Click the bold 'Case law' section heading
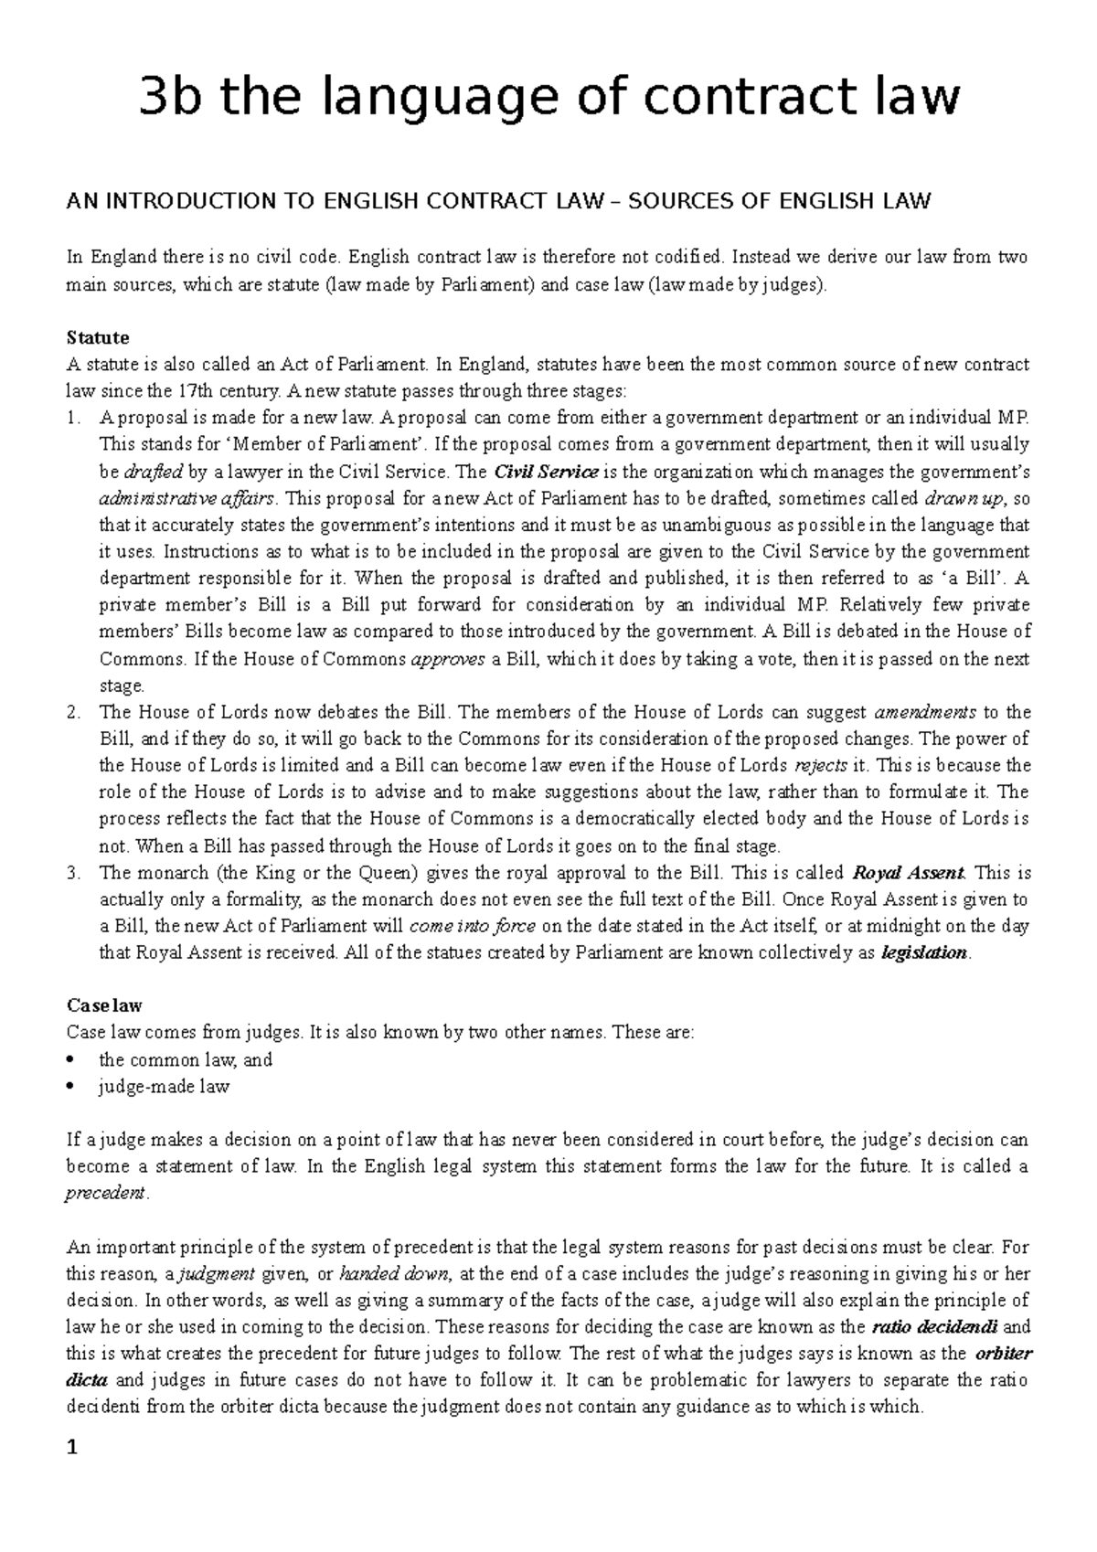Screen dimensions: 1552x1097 [x=104, y=1005]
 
